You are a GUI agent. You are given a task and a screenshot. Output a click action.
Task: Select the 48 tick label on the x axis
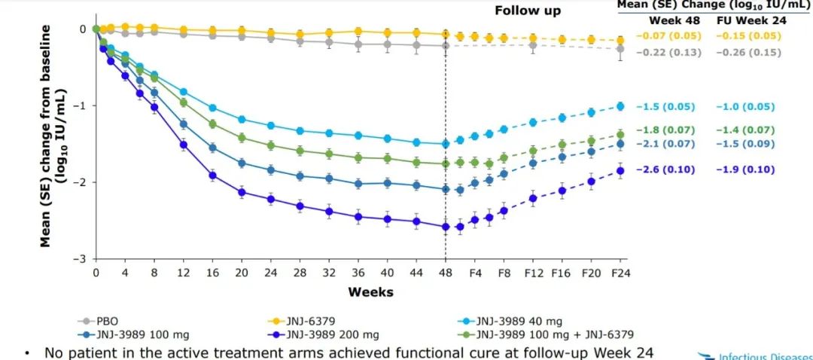coord(445,272)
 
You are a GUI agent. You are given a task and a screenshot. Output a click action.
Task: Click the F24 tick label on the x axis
coord(620,272)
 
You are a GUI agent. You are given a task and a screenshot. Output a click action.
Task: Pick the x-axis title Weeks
coord(370,291)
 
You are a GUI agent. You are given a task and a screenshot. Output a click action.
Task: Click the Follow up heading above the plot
coord(527,11)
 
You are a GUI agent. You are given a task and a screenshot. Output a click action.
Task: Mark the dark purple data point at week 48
coord(445,227)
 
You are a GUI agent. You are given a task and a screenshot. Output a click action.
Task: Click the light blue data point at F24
coord(620,106)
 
